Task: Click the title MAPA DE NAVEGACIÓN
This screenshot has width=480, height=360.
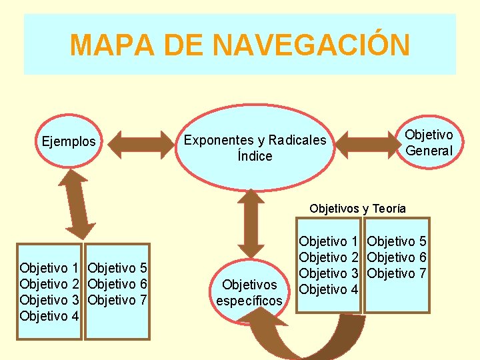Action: tap(239, 45)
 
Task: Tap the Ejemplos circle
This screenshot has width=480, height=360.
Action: tap(69, 141)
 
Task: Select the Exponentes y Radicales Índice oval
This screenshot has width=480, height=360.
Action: tap(255, 148)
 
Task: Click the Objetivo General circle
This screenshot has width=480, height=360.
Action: tap(429, 143)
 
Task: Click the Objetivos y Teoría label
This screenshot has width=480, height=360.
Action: tap(357, 209)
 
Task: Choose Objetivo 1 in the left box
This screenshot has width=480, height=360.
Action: tap(49, 268)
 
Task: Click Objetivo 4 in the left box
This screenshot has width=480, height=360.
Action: tap(49, 316)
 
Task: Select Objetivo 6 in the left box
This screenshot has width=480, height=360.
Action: tap(117, 284)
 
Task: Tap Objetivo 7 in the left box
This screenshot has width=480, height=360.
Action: tap(117, 300)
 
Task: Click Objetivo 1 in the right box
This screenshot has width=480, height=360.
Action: tap(329, 241)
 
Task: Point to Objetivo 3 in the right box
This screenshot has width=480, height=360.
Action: tap(329, 273)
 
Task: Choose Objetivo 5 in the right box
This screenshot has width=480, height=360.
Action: tap(397, 241)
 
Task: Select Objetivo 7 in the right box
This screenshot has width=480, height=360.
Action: tap(397, 273)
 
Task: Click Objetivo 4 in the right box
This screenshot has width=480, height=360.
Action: tap(329, 289)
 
